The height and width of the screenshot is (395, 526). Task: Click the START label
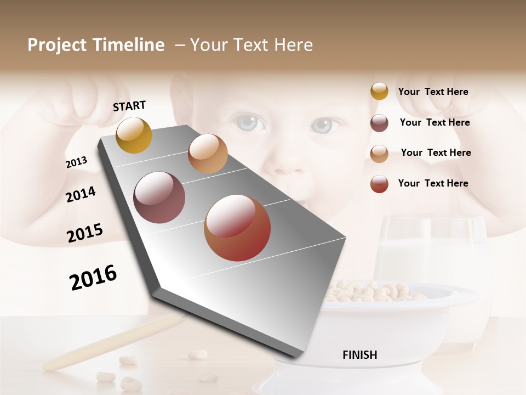pos(129,106)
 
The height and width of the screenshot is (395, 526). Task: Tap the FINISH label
pos(359,355)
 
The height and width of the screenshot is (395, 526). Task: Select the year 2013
pos(76,162)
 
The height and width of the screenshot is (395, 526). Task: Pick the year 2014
pos(81,194)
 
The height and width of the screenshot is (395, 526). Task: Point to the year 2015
pos(85,233)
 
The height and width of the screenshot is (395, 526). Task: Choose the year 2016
pos(93,277)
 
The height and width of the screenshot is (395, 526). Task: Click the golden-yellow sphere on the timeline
pos(134,135)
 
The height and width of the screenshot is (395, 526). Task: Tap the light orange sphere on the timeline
pos(208,154)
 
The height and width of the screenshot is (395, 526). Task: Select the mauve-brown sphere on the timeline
pos(159,198)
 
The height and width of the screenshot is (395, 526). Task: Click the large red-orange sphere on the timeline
pos(237,228)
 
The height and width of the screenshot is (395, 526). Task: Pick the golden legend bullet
pos(379,91)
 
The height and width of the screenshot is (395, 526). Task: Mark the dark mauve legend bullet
pos(379,123)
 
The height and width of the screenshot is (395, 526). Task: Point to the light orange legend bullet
pos(379,154)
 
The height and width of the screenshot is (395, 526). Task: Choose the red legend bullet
pos(379,184)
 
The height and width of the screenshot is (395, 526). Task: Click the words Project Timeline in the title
pos(96,45)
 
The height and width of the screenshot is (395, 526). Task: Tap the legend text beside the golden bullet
pos(433,92)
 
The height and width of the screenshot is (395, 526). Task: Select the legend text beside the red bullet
pos(433,183)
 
